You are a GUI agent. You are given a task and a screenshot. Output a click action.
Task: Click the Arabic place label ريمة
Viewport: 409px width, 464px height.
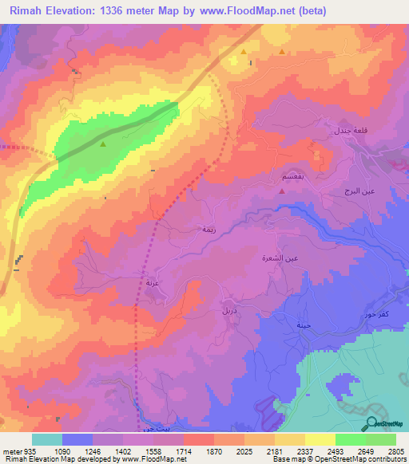click(x=208, y=229)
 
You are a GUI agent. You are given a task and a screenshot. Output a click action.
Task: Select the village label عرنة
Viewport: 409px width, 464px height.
click(x=152, y=282)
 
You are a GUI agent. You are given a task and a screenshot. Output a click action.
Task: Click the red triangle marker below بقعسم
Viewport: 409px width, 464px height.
click(x=283, y=191)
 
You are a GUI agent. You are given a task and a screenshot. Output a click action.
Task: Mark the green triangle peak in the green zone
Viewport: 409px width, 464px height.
click(x=103, y=144)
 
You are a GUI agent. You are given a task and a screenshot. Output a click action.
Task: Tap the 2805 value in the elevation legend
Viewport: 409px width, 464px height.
click(x=396, y=451)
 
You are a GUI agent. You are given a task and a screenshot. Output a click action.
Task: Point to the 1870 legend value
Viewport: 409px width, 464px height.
click(x=214, y=451)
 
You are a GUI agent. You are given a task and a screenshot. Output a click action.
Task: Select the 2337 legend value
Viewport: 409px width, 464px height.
click(x=305, y=451)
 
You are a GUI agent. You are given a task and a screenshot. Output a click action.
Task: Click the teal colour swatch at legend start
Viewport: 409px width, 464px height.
click(x=47, y=439)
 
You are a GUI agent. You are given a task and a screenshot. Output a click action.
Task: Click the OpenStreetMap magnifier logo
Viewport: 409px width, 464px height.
click(x=371, y=423)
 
